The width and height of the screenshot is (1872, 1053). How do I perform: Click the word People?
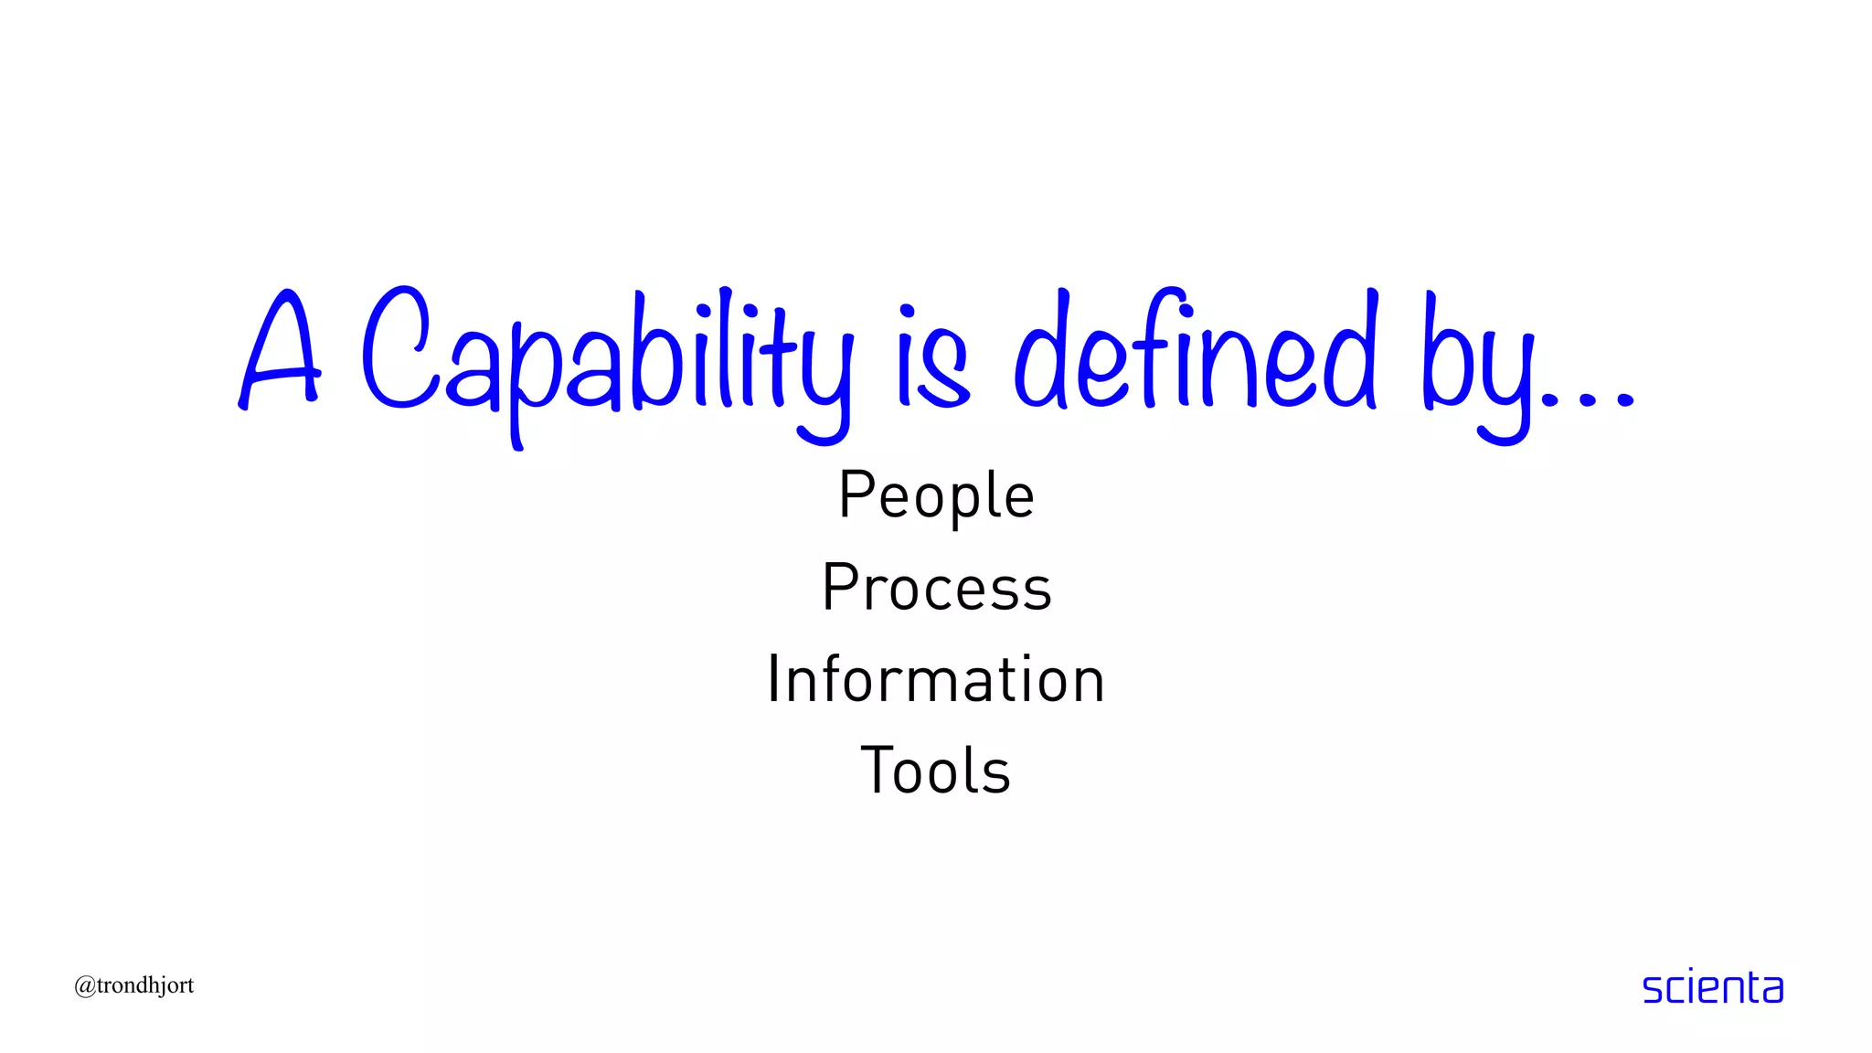[x=936, y=495]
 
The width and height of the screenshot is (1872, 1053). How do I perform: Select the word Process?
[x=937, y=587]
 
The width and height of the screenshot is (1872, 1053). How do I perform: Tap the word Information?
[x=936, y=679]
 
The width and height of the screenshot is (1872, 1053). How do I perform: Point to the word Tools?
[x=936, y=771]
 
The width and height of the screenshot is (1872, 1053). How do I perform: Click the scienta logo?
[x=1712, y=988]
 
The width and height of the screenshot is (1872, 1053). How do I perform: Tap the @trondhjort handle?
[x=134, y=985]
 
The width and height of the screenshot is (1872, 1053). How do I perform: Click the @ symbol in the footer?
[x=85, y=986]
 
